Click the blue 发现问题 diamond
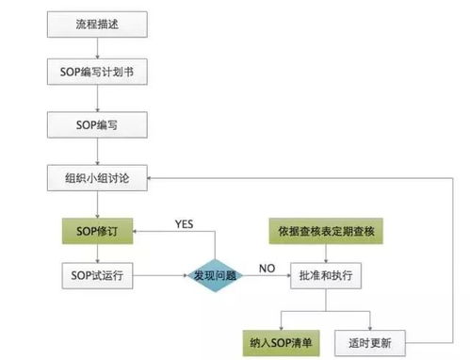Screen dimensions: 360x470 click(215, 273)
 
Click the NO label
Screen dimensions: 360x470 click(267, 268)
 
